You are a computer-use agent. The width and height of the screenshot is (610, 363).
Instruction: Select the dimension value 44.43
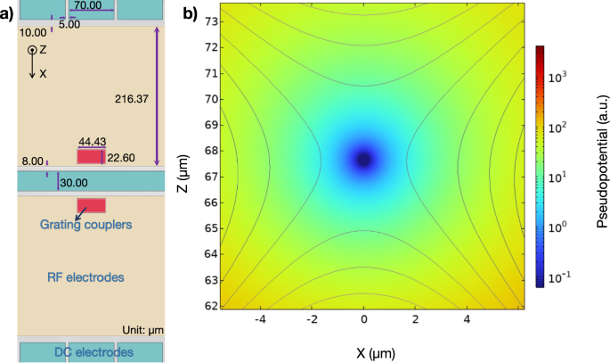click(92, 142)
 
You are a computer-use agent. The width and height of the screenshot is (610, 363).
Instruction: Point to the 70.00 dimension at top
click(87, 5)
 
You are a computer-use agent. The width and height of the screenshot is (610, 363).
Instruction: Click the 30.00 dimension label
click(74, 182)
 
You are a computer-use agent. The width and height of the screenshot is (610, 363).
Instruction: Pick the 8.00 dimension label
click(31, 161)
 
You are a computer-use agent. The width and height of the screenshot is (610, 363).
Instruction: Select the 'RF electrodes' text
click(85, 278)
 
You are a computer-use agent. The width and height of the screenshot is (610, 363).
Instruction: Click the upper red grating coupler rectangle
click(90, 157)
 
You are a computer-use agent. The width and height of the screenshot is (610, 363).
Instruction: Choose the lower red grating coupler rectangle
click(91, 205)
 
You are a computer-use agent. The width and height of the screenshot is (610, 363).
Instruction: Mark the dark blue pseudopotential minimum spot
click(363, 160)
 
